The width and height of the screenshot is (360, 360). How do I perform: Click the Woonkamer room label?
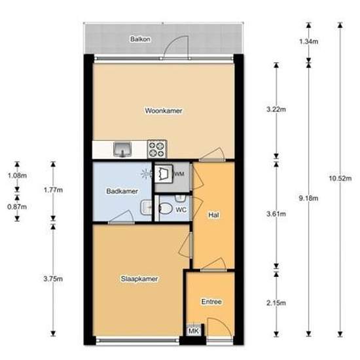[164, 111]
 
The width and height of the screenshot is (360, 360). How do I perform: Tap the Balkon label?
[140, 39]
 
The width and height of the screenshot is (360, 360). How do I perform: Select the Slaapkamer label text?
[139, 279]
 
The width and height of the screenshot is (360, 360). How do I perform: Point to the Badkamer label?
[122, 191]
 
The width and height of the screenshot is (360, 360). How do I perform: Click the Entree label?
[211, 302]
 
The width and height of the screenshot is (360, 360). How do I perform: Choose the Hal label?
[213, 215]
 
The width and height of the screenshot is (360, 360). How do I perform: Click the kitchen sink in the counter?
[122, 149]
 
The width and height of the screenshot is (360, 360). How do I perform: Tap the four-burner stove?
[157, 149]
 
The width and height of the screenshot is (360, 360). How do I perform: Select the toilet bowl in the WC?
[166, 209]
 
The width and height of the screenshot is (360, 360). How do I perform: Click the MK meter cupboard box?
[193, 331]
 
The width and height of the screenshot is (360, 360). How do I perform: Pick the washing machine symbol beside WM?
[164, 173]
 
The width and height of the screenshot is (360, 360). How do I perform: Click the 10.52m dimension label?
[340, 179]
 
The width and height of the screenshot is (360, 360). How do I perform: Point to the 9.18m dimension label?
[308, 198]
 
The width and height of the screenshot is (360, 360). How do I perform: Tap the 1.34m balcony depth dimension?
[308, 41]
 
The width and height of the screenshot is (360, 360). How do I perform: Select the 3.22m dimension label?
[276, 109]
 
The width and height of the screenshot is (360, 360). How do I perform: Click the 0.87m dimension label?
[17, 207]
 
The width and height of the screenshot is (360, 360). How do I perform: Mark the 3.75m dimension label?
[53, 279]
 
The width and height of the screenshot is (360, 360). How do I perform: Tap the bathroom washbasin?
[146, 207]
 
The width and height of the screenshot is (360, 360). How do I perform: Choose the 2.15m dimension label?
[276, 303]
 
